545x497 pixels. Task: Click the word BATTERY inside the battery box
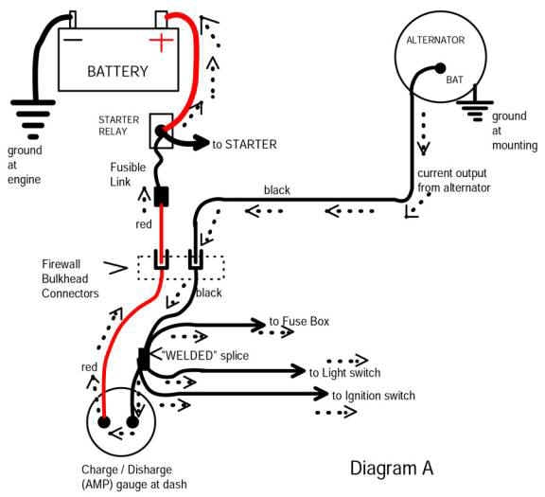[118, 71]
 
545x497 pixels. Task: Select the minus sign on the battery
[73, 41]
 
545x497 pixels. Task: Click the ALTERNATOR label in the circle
[435, 40]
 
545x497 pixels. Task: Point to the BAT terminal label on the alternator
[456, 82]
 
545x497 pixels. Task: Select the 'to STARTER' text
[244, 145]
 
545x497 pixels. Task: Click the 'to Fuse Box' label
[298, 322]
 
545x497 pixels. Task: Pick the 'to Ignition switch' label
[373, 395]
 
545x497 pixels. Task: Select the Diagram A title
[391, 468]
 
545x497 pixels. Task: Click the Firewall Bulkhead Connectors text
[71, 278]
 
